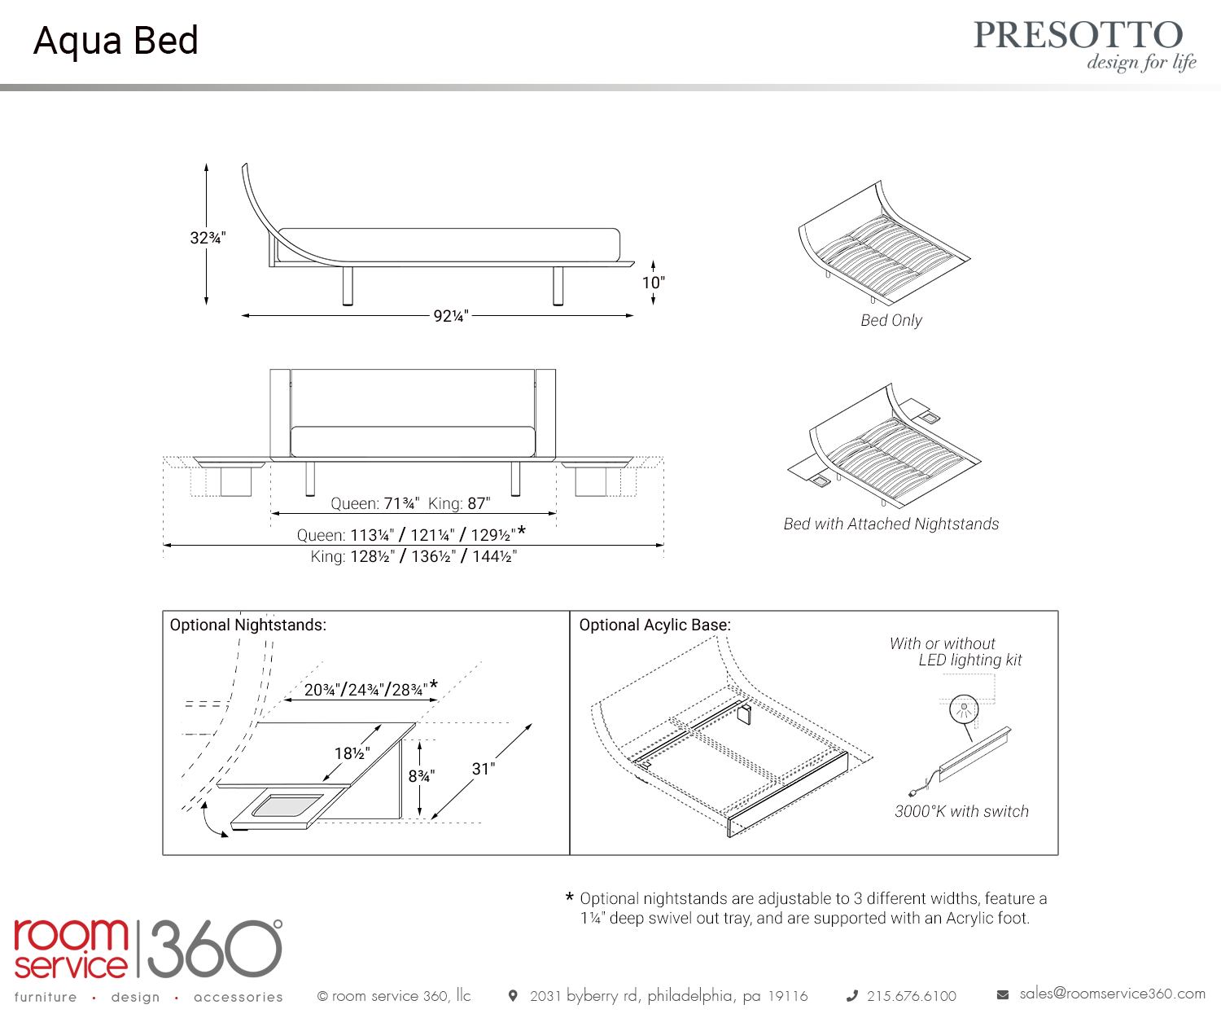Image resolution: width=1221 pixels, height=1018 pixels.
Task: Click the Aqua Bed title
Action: point(116,41)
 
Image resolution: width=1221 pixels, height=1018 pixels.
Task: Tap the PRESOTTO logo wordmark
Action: point(1078,35)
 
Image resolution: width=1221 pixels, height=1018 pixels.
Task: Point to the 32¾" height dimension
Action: point(208,238)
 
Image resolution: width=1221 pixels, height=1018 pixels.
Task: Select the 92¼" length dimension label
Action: point(451,316)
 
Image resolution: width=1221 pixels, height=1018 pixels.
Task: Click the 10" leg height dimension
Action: point(653,283)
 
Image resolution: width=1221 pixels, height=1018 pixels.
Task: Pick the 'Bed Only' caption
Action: point(891,321)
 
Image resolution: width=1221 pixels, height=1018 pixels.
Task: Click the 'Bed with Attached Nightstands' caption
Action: point(891,524)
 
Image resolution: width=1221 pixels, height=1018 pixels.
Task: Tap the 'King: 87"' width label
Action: point(459,503)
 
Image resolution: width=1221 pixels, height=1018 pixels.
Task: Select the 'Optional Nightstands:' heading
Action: point(248,625)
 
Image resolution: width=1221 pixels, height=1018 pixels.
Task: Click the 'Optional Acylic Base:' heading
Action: point(655,625)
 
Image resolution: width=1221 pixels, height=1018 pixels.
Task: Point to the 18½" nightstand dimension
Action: point(352,753)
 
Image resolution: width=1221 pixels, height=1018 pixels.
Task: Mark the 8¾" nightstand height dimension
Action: point(422,776)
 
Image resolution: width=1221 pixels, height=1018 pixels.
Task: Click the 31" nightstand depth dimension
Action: point(484,768)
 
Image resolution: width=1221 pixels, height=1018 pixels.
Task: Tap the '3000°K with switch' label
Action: point(961,811)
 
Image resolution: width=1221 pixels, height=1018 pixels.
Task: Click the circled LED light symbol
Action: point(964,709)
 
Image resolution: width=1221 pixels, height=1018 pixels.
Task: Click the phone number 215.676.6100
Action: point(911,996)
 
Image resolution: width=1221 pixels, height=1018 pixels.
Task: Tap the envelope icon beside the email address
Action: point(1002,994)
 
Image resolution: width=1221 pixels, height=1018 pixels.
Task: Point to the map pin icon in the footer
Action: point(513,995)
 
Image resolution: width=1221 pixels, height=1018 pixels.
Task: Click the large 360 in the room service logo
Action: point(214,949)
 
